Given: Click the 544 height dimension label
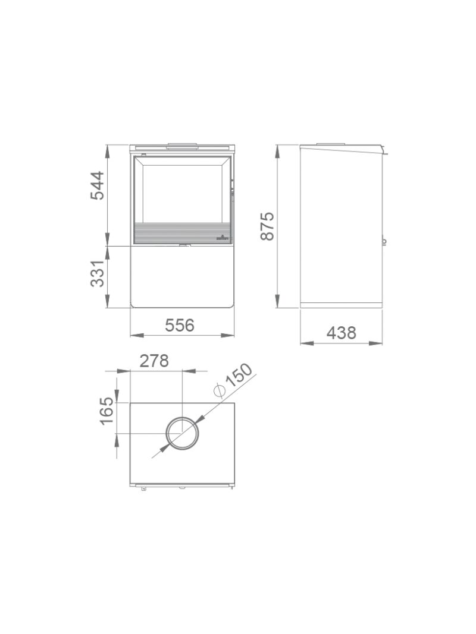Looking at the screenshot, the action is point(97,185).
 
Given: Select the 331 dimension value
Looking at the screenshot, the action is point(97,273).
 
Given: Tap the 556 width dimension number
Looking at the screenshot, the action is point(180,324).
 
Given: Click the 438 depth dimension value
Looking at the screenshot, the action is point(341,333).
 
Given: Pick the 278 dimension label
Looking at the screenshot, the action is point(154,361).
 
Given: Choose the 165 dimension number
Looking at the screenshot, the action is point(108,411).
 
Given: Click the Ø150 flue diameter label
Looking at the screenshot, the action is point(233,380).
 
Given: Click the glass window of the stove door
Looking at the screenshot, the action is point(183,190).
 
